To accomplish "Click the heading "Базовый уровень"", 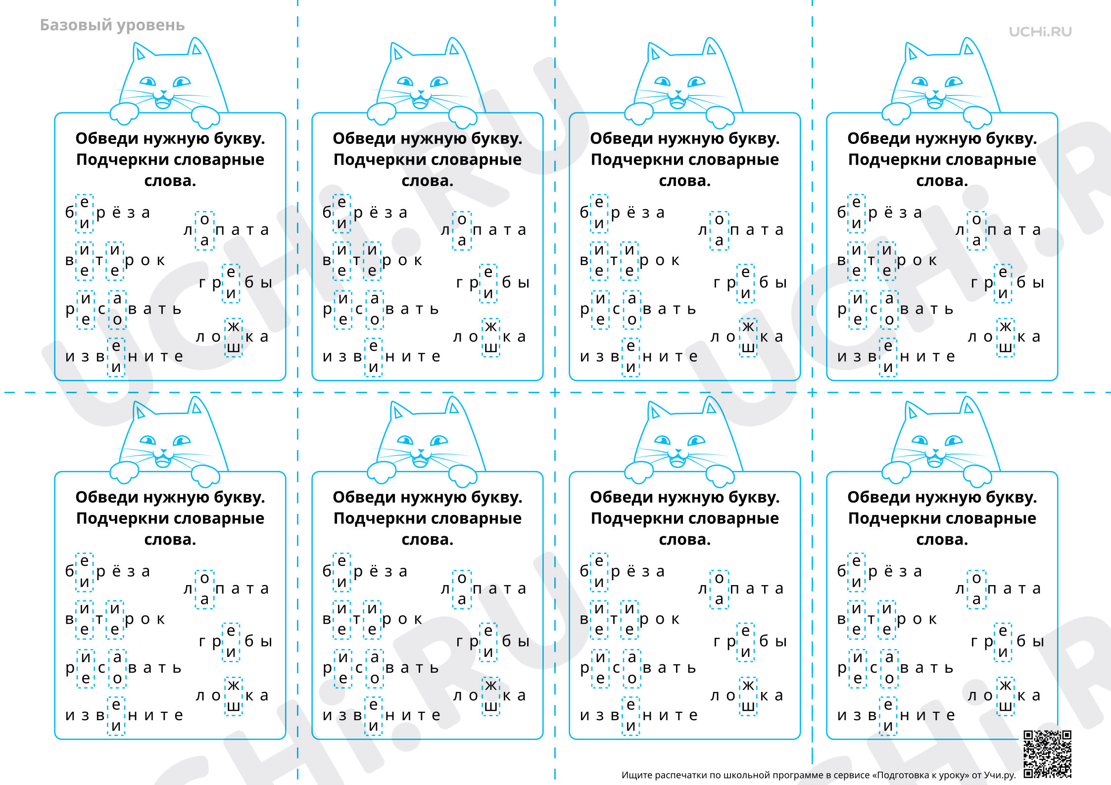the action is point(112,25).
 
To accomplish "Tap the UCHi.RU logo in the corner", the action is point(1040,32).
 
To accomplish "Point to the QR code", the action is point(1048,754).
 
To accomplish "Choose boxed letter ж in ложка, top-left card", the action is point(234,326).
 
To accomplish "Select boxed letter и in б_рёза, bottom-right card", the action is point(857,582).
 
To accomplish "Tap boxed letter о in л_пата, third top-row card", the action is point(719,219).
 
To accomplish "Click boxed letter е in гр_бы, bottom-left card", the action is point(231,631).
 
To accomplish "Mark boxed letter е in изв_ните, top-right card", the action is point(888,346).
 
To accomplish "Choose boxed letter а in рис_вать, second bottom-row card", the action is point(375,657).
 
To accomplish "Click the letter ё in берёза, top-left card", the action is point(116,212).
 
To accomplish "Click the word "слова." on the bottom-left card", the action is point(170,539).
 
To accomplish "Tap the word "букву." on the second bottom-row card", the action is point(496,498).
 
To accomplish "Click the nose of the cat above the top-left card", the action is point(164,93).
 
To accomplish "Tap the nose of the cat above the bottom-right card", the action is point(936,452).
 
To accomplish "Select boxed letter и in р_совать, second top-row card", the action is point(343,299).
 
